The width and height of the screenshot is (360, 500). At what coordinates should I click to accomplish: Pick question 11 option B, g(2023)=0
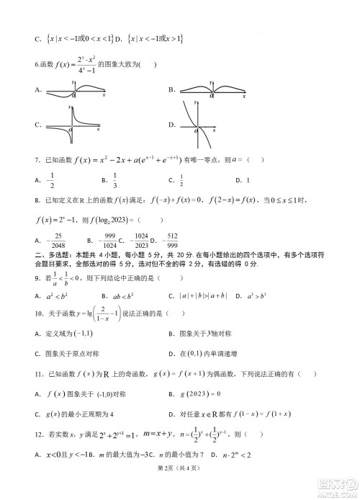[210, 394]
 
